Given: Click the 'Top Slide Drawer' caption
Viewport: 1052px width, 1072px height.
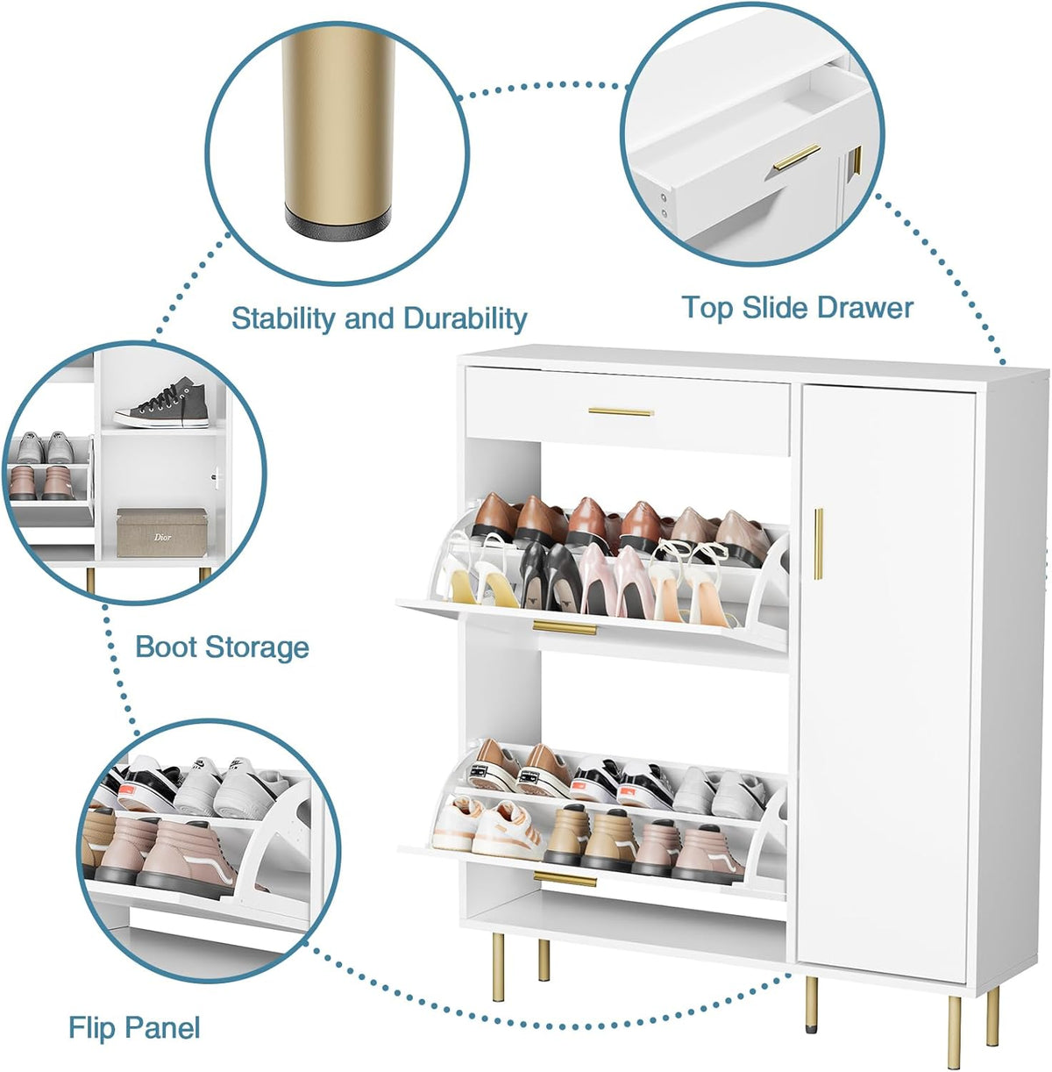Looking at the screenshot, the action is tap(797, 308).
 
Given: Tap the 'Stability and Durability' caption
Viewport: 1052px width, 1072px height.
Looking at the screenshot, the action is tap(380, 318).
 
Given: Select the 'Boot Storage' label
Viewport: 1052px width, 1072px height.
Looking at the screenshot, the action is tap(222, 647).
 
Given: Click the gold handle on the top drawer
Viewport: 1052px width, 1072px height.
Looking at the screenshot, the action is tap(621, 412).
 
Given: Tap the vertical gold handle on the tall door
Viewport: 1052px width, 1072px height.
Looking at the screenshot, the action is tap(819, 544).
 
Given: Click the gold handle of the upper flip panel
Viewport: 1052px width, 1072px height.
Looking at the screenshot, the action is tap(565, 627).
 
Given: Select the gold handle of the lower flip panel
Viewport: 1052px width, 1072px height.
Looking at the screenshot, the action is tap(565, 879).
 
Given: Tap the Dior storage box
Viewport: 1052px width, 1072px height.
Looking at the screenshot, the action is tap(162, 532).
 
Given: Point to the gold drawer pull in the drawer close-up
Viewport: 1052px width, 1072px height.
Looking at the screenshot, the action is tap(797, 157).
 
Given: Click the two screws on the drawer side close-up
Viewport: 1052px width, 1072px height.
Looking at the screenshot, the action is tap(664, 204).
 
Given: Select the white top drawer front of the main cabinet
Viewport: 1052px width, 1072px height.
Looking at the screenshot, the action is tap(628, 411).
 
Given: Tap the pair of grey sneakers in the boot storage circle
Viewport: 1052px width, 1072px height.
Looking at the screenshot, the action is tap(46, 447).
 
